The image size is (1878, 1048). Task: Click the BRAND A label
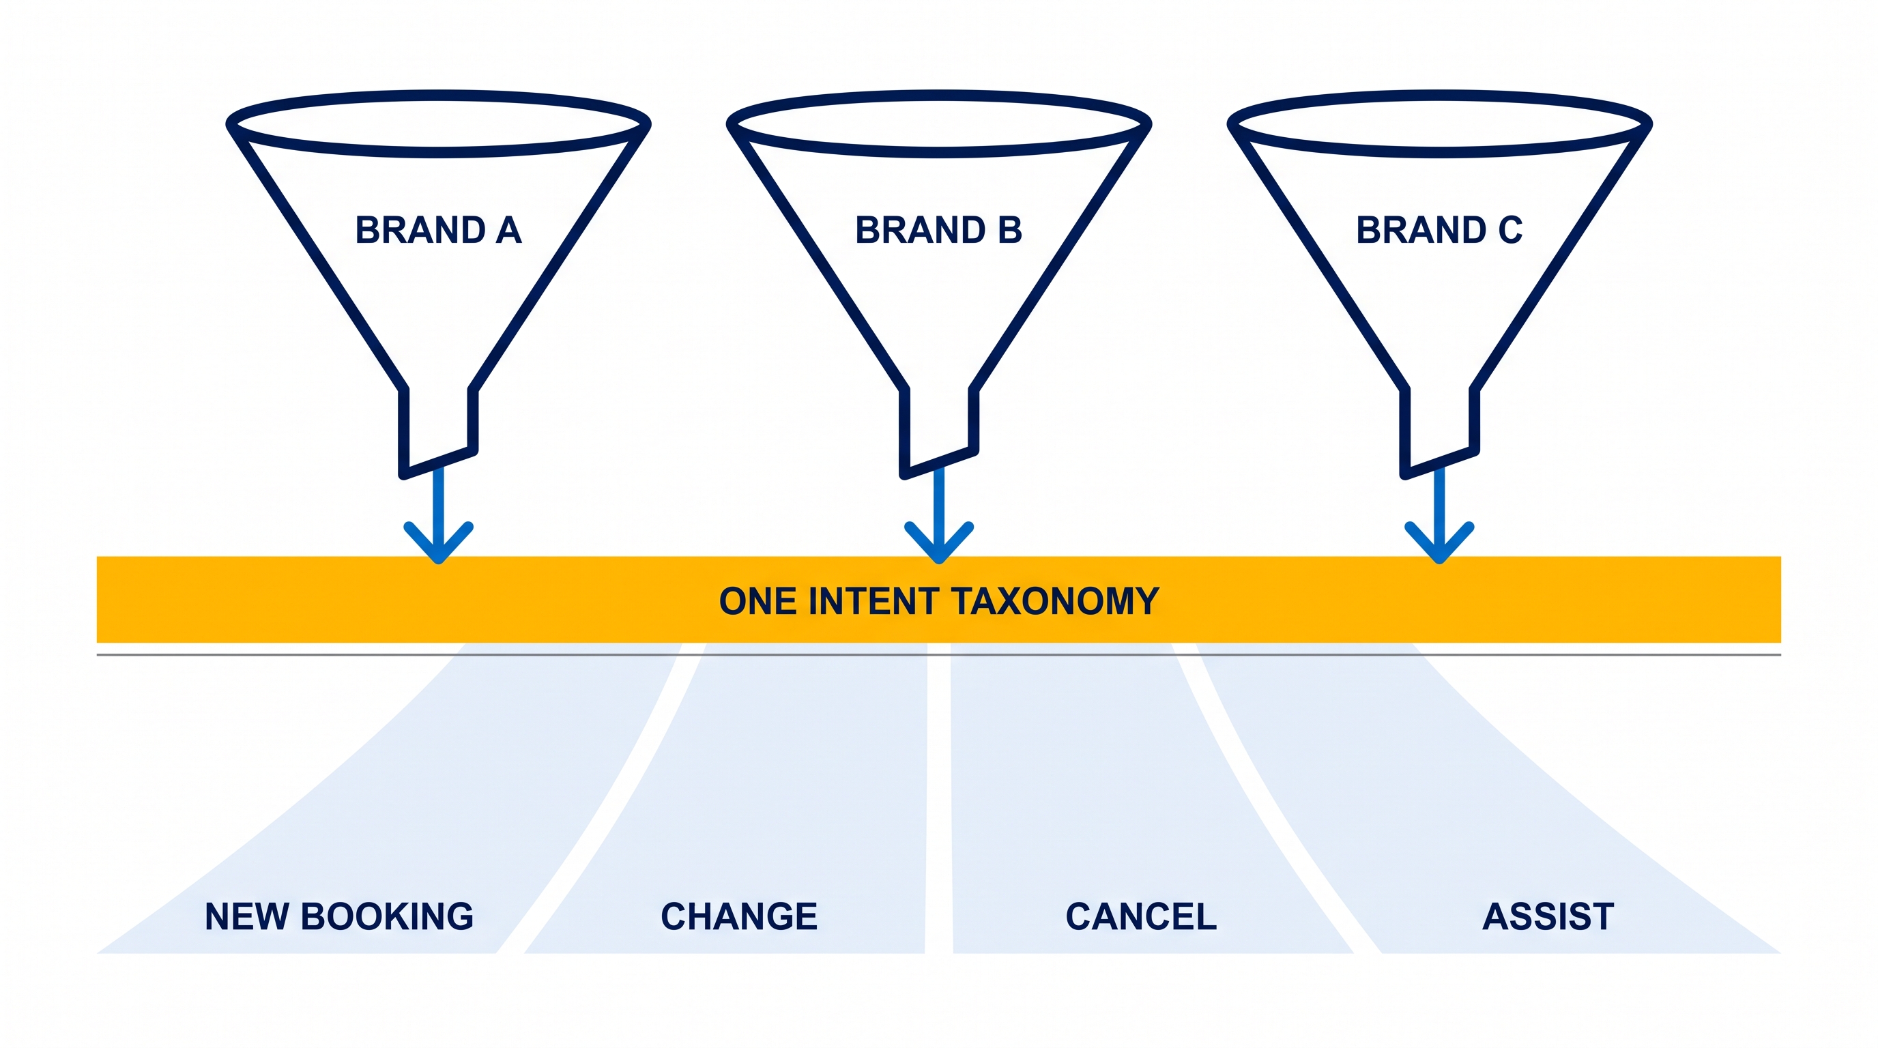(x=438, y=231)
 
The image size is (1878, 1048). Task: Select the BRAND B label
(x=938, y=231)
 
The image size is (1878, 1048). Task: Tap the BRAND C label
(x=1439, y=231)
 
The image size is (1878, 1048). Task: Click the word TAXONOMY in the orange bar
(x=1055, y=602)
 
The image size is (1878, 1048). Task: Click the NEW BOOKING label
(x=339, y=917)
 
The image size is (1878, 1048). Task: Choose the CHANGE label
(x=739, y=917)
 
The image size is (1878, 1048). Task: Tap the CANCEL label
(x=1141, y=917)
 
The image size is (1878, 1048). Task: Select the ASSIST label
(x=1548, y=917)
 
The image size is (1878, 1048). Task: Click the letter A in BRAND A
(x=509, y=231)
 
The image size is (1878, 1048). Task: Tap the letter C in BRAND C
(x=1509, y=231)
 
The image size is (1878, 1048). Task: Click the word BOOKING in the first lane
(x=387, y=917)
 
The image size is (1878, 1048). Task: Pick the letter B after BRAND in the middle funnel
(x=1010, y=231)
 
